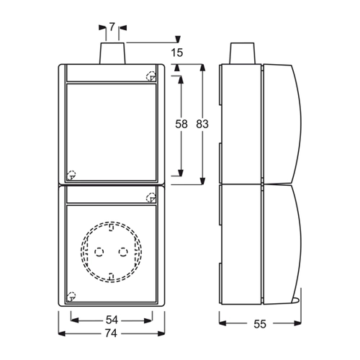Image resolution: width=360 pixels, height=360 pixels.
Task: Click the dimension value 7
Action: (x=112, y=27)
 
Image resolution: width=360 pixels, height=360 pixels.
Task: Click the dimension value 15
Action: (x=177, y=53)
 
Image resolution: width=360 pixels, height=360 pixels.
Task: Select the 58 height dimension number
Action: (x=181, y=124)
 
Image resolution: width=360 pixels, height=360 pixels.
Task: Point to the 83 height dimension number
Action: (x=202, y=124)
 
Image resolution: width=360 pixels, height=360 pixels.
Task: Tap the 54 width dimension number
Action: (x=112, y=320)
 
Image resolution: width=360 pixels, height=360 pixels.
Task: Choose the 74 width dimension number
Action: (x=111, y=333)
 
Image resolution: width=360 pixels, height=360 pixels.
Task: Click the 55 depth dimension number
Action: (x=260, y=324)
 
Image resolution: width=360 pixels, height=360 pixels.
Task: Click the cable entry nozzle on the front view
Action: (x=112, y=53)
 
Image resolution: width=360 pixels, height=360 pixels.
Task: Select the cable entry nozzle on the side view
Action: (x=242, y=53)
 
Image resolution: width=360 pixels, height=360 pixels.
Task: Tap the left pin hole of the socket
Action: (x=99, y=252)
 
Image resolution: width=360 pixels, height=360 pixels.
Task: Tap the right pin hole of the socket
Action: (x=123, y=252)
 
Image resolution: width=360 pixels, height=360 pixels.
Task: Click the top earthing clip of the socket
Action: (x=111, y=228)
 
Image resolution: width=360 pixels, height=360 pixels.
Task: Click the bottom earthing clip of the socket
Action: (x=111, y=276)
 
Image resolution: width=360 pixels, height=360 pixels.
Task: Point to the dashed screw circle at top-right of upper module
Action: (x=151, y=76)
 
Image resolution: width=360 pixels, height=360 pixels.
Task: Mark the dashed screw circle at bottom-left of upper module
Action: (x=71, y=175)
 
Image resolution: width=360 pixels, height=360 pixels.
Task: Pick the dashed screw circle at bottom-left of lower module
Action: (x=71, y=297)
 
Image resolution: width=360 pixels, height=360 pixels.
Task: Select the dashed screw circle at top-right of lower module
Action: (x=151, y=197)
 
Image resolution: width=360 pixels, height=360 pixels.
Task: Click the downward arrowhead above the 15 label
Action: (x=178, y=40)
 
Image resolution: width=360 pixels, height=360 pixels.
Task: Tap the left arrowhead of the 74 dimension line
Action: (x=62, y=333)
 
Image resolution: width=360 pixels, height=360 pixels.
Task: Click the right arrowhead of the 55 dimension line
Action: (x=297, y=323)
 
